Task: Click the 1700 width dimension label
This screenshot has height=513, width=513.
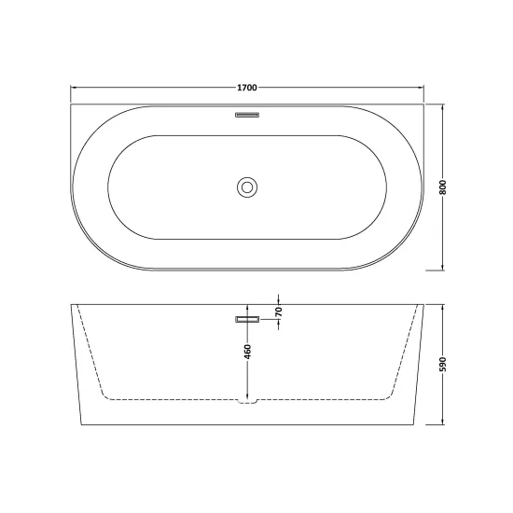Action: point(247,88)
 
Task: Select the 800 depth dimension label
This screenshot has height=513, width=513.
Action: point(443,187)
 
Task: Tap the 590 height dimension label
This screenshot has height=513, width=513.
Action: point(443,365)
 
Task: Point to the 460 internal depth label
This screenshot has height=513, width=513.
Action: point(248,352)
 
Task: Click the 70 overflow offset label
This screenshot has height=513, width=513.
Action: point(279,312)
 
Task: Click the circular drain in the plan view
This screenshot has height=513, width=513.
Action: point(247,187)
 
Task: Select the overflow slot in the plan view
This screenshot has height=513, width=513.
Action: point(247,115)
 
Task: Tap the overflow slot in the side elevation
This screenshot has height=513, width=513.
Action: point(247,319)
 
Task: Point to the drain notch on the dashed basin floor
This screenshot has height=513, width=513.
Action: point(248,401)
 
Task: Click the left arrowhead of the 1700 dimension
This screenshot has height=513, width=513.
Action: point(74,88)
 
